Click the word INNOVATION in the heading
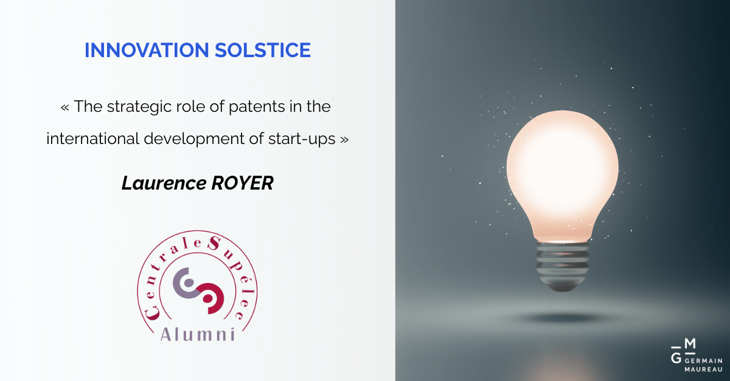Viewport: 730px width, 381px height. pos(147,50)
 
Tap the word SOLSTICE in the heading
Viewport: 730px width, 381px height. pos(263,50)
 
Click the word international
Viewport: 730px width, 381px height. pos(93,139)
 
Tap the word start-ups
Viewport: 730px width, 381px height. pos(302,139)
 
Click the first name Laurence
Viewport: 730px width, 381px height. pos(164,183)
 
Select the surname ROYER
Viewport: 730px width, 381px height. pos(243,183)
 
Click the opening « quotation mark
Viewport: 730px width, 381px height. pos(64,108)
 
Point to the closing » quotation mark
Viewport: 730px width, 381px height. pos(344,140)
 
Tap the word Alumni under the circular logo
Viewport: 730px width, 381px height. pos(198,334)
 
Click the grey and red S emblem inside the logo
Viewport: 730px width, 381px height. pos(198,291)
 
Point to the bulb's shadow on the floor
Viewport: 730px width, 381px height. pos(563,318)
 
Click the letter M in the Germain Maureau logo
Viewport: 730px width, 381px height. pos(690,343)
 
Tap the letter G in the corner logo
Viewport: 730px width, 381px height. pos(676,358)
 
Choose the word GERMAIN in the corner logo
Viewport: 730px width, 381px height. pos(704,361)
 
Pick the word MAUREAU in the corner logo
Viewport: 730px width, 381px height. pos(704,369)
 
